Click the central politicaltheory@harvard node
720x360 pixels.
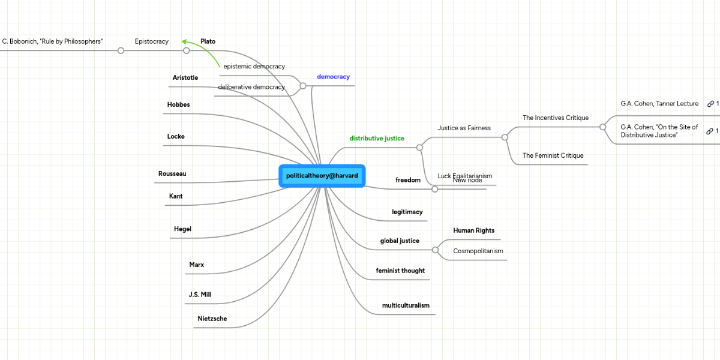click(x=322, y=175)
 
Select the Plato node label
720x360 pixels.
click(x=208, y=41)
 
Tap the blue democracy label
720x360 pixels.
click(x=333, y=77)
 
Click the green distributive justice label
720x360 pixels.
click(x=377, y=139)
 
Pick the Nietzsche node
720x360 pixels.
click(x=212, y=319)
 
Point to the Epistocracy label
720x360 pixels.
click(x=152, y=41)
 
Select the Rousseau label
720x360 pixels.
click(x=172, y=174)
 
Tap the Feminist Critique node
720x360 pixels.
click(x=553, y=156)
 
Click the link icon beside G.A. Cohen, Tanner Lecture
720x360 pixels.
click(x=710, y=104)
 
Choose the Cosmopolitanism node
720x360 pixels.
click(x=478, y=251)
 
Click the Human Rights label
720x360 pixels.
click(x=473, y=230)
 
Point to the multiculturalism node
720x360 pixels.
click(x=406, y=305)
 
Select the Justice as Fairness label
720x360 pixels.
click(x=464, y=128)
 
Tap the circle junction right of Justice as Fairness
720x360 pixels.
click(x=505, y=137)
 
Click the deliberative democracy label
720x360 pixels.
click(x=251, y=87)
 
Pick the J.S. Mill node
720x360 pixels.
click(x=200, y=295)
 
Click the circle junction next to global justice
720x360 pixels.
click(x=435, y=250)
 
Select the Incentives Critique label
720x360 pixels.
click(x=556, y=118)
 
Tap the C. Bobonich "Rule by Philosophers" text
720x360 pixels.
click(x=53, y=41)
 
